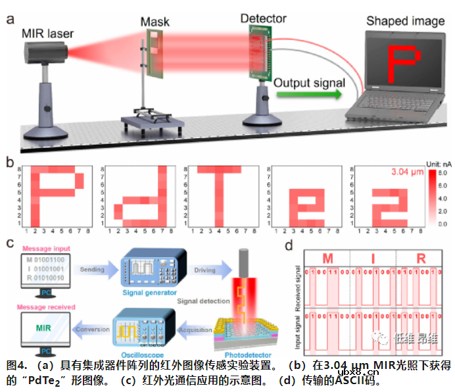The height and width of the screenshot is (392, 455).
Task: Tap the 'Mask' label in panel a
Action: pyautogui.click(x=155, y=22)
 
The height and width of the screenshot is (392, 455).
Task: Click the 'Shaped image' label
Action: pyautogui.click(x=405, y=22)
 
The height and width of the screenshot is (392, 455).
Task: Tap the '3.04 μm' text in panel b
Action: pyautogui.click(x=395, y=174)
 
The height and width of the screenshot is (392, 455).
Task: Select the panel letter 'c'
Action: pyautogui.click(x=9, y=243)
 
